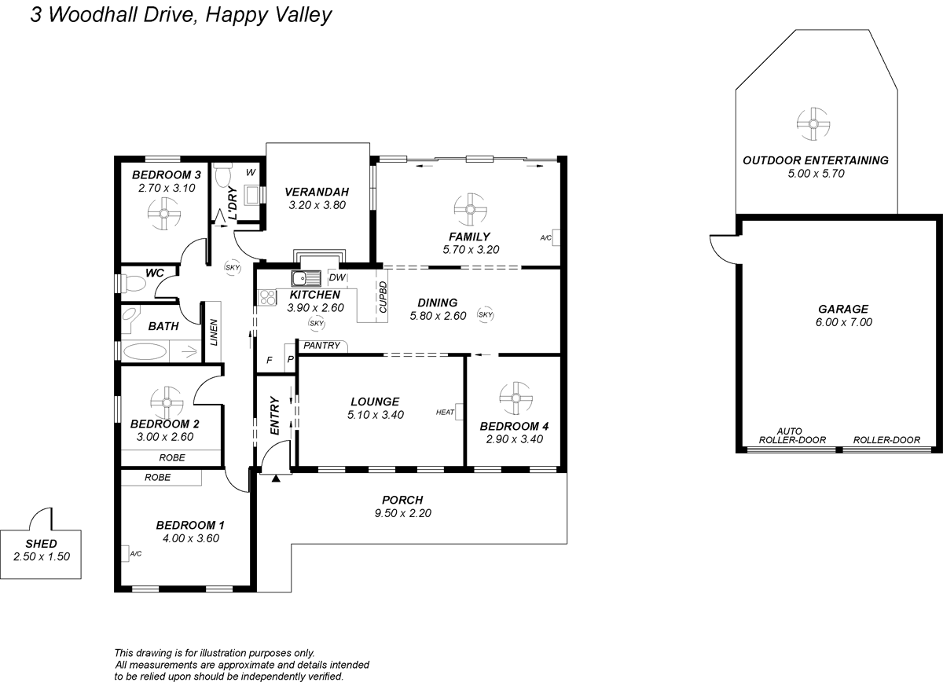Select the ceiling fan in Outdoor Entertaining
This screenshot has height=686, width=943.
(x=814, y=123)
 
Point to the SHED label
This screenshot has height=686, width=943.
(x=41, y=543)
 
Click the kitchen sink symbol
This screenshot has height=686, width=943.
(x=306, y=278)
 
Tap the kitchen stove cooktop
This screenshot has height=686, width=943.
(x=267, y=297)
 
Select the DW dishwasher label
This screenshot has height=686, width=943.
(x=336, y=277)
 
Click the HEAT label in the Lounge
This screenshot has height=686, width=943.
(x=445, y=412)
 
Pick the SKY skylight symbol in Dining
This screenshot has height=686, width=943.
(x=485, y=315)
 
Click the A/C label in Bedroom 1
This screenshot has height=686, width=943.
(x=134, y=553)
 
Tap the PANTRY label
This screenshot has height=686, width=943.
(x=321, y=345)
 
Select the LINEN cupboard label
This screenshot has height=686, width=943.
(x=213, y=332)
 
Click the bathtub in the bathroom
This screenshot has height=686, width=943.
(x=154, y=350)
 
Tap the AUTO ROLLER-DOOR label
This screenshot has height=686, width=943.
(x=789, y=435)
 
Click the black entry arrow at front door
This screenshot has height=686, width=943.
(x=276, y=477)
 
